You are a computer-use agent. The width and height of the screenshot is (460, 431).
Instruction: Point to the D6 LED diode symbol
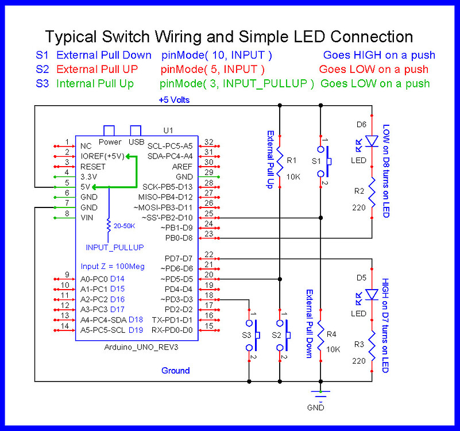[x=372, y=140]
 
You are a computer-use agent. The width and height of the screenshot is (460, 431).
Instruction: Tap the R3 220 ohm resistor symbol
[x=372, y=345]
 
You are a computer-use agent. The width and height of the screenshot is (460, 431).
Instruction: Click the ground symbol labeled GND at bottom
[x=320, y=395]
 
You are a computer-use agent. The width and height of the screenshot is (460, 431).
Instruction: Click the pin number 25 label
[x=209, y=213]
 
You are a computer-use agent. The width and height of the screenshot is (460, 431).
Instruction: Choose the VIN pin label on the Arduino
[x=87, y=217]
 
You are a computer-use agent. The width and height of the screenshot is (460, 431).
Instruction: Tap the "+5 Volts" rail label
[x=174, y=99]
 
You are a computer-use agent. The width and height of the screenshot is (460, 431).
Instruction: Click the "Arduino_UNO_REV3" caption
[x=133, y=348]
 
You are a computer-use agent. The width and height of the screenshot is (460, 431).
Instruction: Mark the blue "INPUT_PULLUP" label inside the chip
[x=115, y=247]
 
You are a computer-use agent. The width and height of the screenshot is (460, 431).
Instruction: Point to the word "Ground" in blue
[x=175, y=371]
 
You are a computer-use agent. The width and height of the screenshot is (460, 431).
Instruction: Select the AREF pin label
[x=182, y=166]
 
